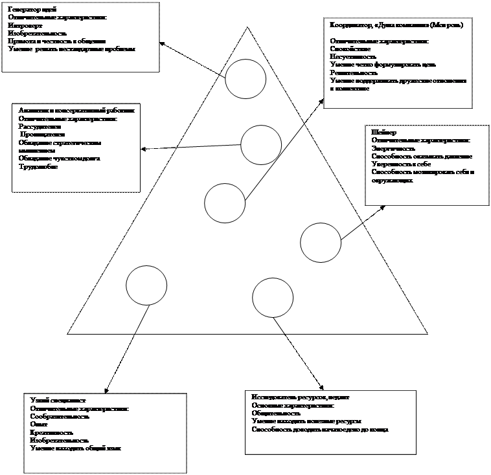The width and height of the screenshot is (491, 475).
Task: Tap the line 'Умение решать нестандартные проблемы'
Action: point(72,49)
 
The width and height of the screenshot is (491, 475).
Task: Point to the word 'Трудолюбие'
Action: point(38,166)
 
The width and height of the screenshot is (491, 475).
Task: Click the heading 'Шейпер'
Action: point(382,132)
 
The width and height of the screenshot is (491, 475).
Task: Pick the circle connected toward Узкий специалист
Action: point(146,285)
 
